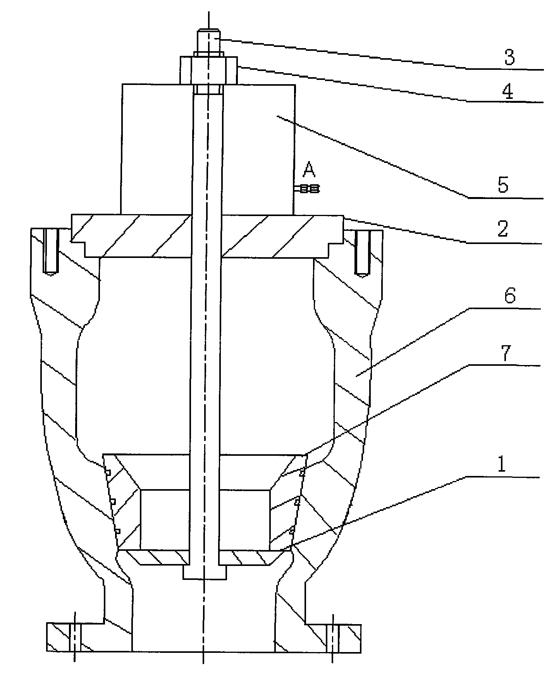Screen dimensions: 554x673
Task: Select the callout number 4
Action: click(508, 92)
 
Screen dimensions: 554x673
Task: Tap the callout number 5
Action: click(503, 185)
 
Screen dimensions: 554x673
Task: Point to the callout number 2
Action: click(502, 229)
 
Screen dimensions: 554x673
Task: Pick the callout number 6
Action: click(509, 297)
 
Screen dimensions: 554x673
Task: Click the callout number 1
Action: click(501, 465)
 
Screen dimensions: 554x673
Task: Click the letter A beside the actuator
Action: click(308, 169)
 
